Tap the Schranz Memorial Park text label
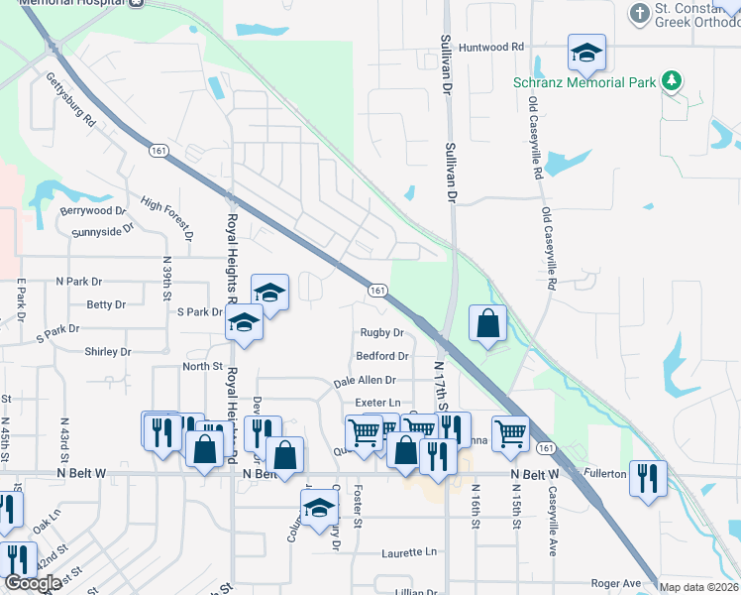click(x=584, y=82)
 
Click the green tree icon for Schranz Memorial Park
click(x=673, y=80)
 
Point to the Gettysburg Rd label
click(x=70, y=100)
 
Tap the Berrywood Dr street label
click(x=94, y=211)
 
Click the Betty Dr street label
click(x=107, y=304)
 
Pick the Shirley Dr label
click(x=108, y=352)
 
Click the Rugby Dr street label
click(x=382, y=333)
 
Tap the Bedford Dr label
click(x=382, y=356)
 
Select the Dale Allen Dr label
click(x=365, y=380)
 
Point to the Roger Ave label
click(x=616, y=584)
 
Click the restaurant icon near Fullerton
click(x=648, y=477)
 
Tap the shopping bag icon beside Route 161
click(x=488, y=323)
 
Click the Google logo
click(x=33, y=584)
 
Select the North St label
click(x=202, y=366)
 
